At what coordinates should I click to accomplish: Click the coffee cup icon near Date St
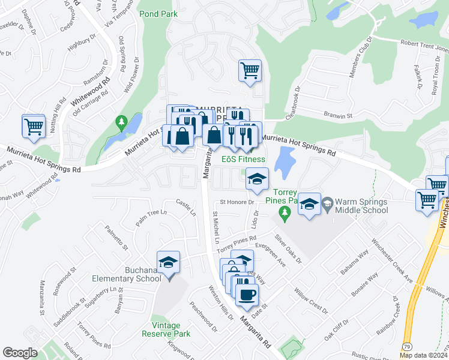pos(246,295)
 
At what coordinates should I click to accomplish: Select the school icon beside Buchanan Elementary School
pos(169,263)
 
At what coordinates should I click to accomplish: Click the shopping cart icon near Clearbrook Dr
pos(249,70)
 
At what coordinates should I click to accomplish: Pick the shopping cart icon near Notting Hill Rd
pos(34,126)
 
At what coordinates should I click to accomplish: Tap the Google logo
pos(20,353)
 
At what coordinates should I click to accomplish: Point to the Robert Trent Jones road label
pos(424,44)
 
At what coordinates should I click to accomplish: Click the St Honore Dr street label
pos(238,202)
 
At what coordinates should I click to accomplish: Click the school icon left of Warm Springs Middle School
pos(309,205)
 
